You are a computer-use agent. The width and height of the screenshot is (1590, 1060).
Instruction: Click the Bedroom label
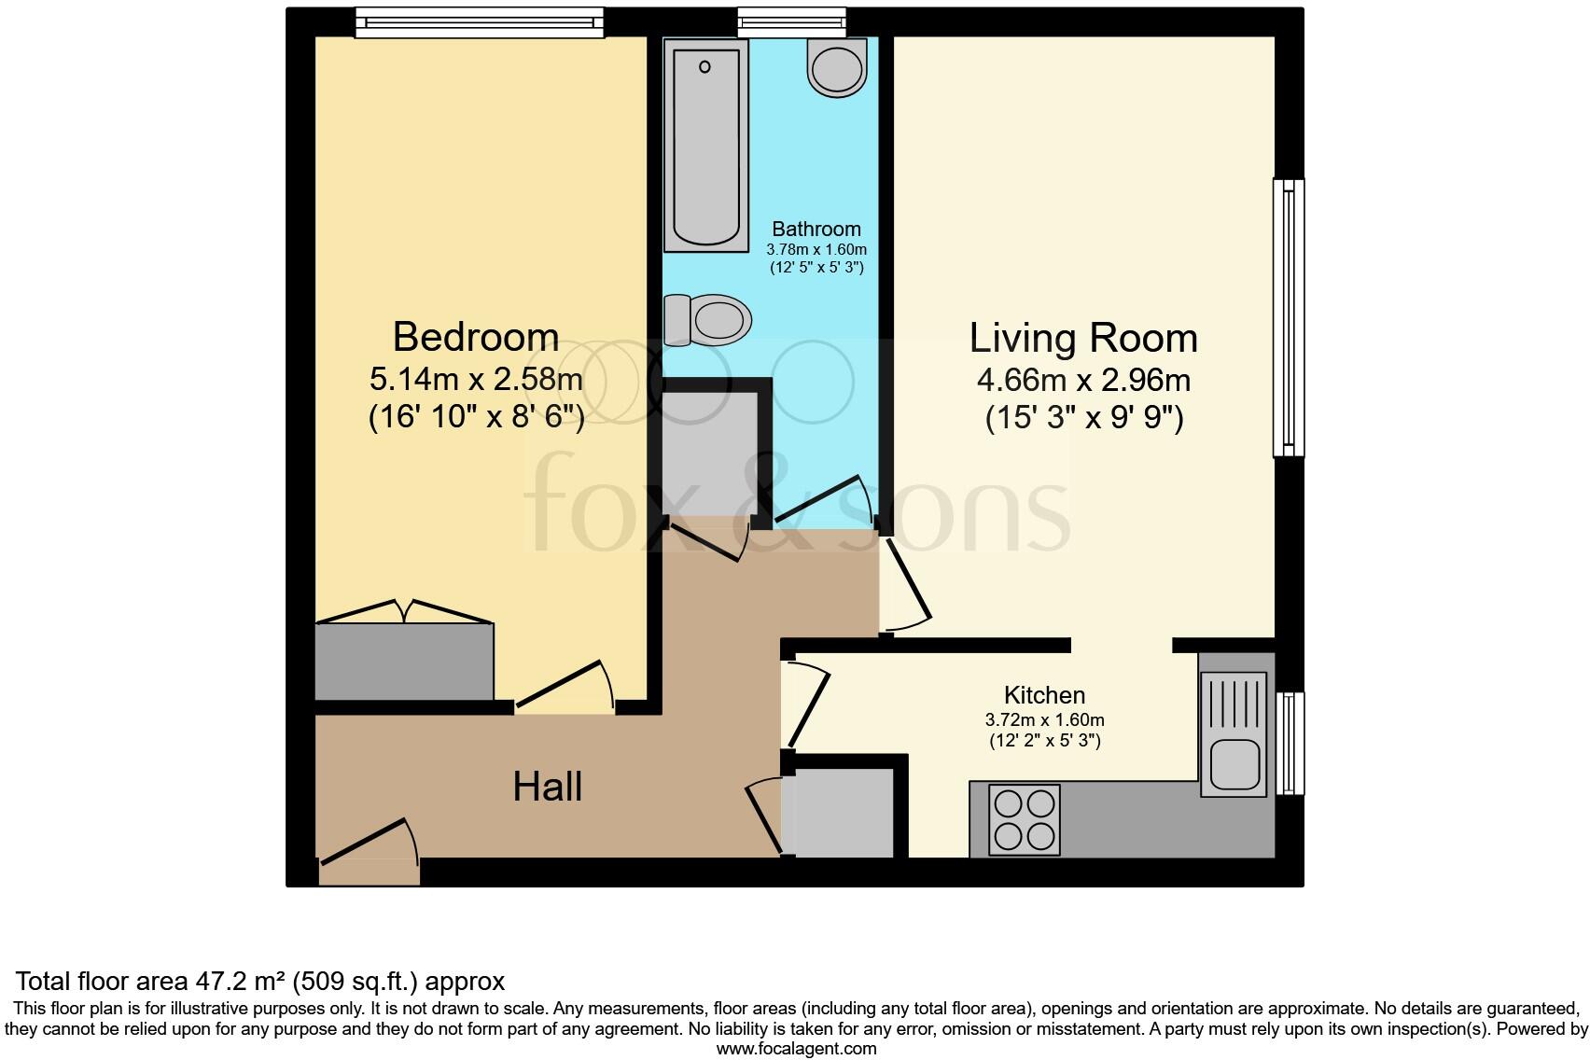coord(476,337)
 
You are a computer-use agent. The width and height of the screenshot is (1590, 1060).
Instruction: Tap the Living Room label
coord(1083,338)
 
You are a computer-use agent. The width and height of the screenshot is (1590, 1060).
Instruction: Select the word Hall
coord(548,787)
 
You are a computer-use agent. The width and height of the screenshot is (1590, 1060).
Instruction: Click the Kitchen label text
coord(1044,695)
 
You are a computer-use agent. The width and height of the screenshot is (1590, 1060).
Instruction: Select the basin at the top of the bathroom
coord(838,67)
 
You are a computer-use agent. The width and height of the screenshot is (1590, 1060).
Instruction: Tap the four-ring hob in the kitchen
coord(1025,820)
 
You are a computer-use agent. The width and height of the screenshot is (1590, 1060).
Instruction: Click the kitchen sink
coord(1234,735)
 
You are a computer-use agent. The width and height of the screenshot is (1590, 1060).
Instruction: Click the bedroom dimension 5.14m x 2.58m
coord(476,380)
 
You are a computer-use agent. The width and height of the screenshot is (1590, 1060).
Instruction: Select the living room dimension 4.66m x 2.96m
coord(1083,381)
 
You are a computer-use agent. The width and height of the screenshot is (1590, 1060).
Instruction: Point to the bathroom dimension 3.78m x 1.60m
coord(816,250)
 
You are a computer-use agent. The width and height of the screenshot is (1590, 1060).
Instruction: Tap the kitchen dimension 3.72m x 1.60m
coord(1044,720)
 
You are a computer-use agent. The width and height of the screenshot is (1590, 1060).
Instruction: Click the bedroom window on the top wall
coord(479,21)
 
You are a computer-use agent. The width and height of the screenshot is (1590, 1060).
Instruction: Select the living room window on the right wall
coord(1289,317)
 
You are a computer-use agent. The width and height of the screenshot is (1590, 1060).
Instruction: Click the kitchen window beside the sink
coord(1290,743)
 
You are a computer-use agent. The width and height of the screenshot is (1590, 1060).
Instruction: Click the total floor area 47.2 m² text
coord(260,982)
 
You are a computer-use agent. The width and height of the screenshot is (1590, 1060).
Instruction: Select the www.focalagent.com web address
coord(796,1049)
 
